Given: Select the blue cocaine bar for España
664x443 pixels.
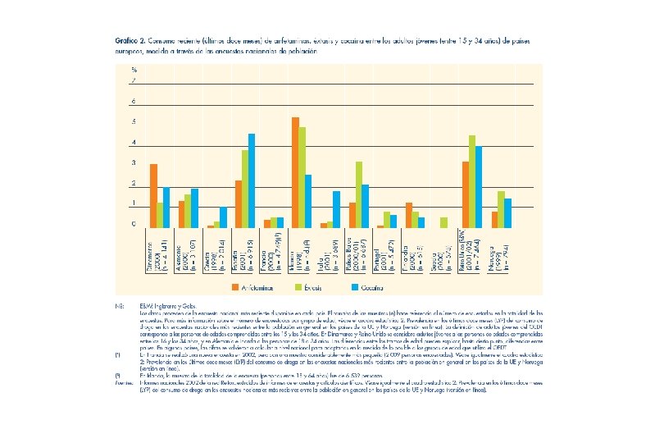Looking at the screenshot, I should (252, 180).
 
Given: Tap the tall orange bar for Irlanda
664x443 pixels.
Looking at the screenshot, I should (295, 172).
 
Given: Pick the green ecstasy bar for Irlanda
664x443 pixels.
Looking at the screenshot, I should (302, 177).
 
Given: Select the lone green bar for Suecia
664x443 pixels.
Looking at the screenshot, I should (443, 222).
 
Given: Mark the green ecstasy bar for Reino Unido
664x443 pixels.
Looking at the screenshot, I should (471, 181).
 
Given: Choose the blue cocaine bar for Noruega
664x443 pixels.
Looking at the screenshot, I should (507, 212).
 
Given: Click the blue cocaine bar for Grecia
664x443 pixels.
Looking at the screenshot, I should (223, 217).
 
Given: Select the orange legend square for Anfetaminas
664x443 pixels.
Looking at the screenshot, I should (234, 287).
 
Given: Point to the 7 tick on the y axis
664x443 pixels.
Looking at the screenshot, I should (134, 81).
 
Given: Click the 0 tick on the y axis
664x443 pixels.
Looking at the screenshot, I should (134, 223).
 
